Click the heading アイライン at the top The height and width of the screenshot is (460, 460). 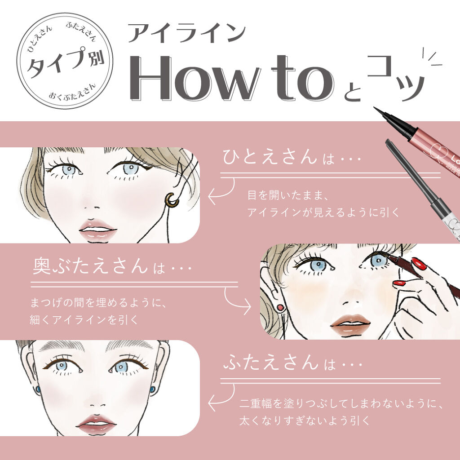tap(186, 34)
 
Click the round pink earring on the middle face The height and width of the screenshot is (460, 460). tap(280, 308)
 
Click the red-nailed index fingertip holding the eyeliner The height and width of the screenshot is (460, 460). tap(418, 263)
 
